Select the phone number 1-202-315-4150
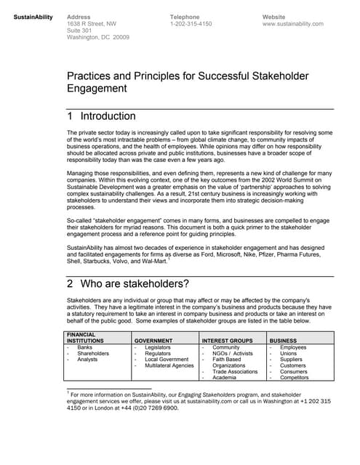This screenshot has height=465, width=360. [191, 23]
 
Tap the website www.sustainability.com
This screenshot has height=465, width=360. [292, 23]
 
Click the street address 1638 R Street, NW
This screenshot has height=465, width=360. [91, 23]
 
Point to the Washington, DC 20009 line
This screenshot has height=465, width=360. [97, 37]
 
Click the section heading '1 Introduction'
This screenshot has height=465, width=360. [101, 116]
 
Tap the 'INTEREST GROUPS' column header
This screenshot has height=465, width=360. [225, 339]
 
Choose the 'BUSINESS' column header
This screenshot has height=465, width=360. [283, 339]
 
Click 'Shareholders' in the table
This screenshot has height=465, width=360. [93, 353]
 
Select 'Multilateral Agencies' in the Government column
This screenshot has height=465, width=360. [169, 365]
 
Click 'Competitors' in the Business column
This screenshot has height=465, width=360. [295, 378]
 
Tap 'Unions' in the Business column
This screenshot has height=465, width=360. [289, 353]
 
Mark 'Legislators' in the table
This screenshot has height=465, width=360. [158, 347]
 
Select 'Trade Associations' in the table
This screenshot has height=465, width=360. [235, 371]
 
